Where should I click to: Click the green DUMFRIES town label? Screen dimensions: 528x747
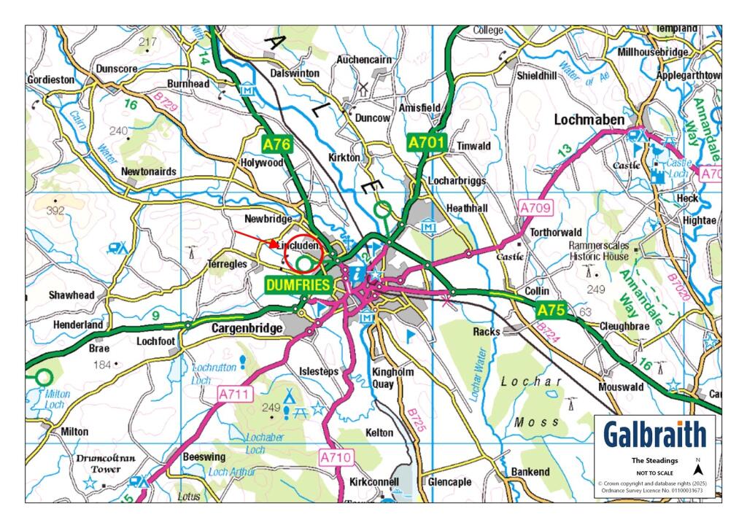pyautogui.click(x=297, y=285)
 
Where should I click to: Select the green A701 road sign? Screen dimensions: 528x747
pyautogui.click(x=426, y=142)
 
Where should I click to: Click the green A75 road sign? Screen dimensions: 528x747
pyautogui.click(x=551, y=311)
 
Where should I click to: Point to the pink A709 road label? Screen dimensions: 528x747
pyautogui.click(x=536, y=209)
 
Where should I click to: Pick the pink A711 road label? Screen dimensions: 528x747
pyautogui.click(x=235, y=395)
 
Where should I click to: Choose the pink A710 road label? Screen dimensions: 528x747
pyautogui.click(x=336, y=457)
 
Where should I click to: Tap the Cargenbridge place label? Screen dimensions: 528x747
pyautogui.click(x=247, y=329)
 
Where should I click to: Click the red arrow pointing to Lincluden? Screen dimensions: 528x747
pyautogui.click(x=257, y=238)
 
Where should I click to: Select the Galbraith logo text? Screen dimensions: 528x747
pyautogui.click(x=654, y=435)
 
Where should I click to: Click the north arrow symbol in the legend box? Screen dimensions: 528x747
pyautogui.click(x=697, y=469)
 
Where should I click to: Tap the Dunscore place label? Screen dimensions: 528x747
pyautogui.click(x=117, y=69)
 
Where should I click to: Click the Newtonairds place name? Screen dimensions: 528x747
pyautogui.click(x=150, y=171)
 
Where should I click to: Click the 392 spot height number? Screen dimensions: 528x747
pyautogui.click(x=55, y=211)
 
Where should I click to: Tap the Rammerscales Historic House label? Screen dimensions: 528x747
pyautogui.click(x=598, y=252)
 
